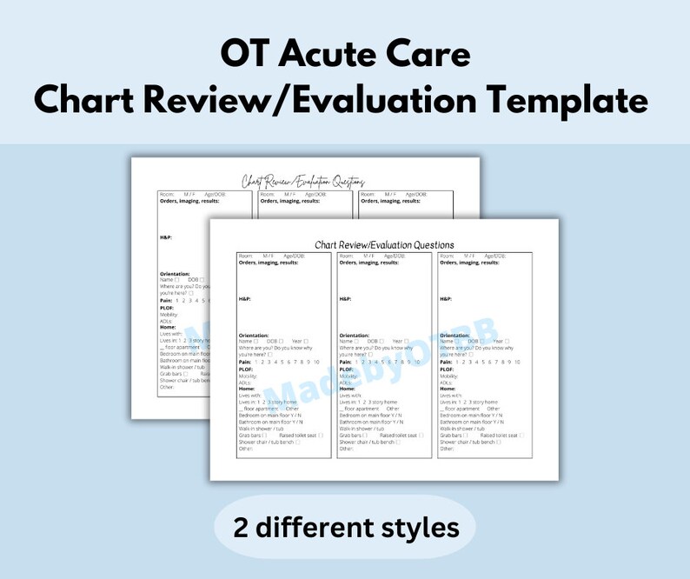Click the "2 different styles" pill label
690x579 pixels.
[x=344, y=527]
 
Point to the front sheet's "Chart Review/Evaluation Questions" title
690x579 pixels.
[x=384, y=244]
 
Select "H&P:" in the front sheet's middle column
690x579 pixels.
[x=346, y=298]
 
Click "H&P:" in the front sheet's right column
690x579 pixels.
[x=447, y=298]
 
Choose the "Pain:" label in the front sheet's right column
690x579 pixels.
[x=447, y=361]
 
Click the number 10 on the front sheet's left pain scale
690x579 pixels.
[x=316, y=361]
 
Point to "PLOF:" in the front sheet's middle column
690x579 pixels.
[x=347, y=369]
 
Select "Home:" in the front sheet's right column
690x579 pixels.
[x=448, y=388]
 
